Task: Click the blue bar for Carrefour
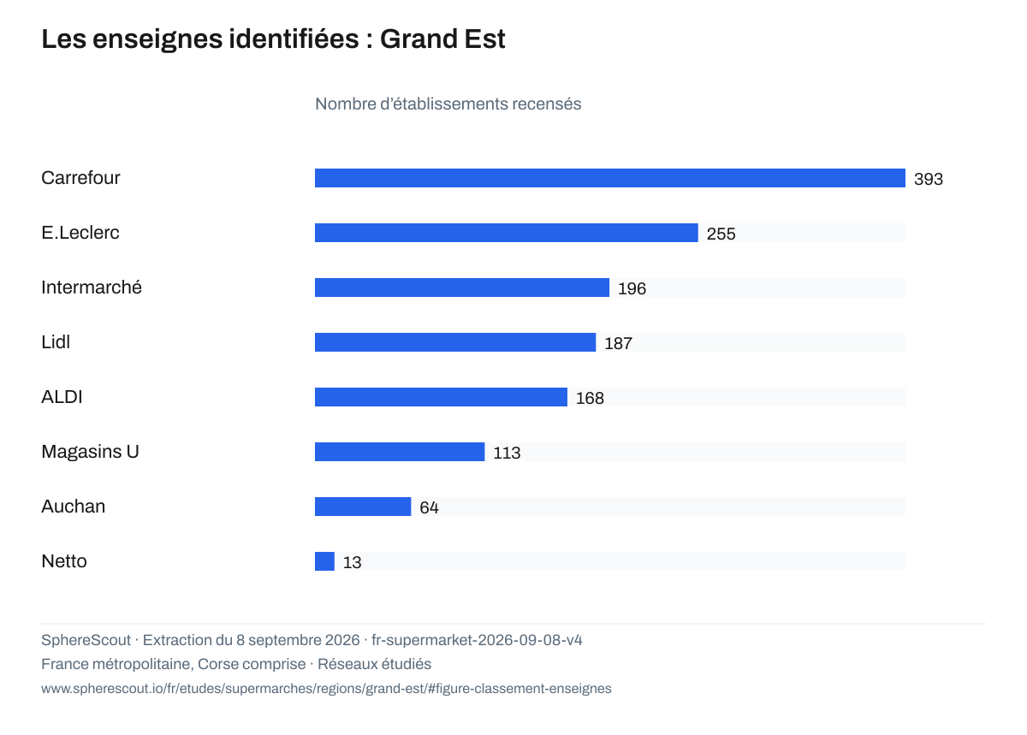(x=609, y=178)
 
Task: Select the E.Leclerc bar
(x=506, y=233)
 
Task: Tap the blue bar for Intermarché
(x=462, y=287)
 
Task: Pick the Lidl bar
(x=455, y=342)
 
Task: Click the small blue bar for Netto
(x=324, y=561)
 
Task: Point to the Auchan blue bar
(x=363, y=507)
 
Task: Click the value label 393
(x=929, y=179)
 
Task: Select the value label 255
(x=721, y=234)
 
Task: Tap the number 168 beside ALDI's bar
(x=590, y=398)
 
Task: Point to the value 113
(x=507, y=453)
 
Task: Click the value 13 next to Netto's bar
(x=352, y=563)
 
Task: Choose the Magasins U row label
(x=90, y=452)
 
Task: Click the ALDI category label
(x=62, y=397)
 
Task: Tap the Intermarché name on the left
(x=92, y=287)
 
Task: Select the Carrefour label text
(x=80, y=178)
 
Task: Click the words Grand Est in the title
(x=442, y=39)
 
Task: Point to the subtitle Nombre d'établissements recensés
(x=448, y=104)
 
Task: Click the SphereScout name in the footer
(x=86, y=640)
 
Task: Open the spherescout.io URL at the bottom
(x=326, y=689)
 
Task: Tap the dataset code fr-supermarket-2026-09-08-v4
(x=477, y=640)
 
